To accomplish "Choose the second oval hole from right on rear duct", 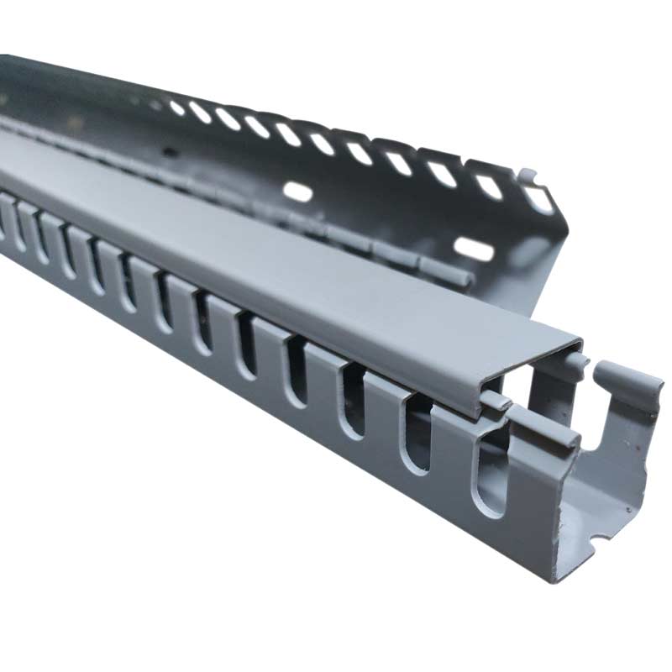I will tap(488, 186).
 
